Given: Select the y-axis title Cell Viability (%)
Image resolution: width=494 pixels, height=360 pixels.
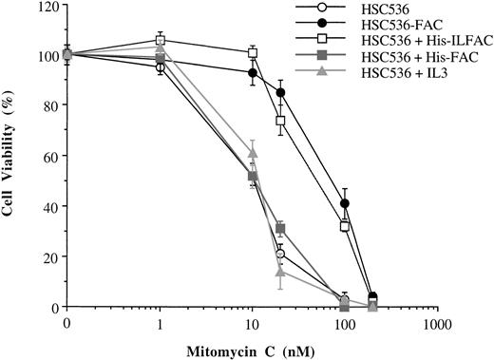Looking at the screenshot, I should point(12,157).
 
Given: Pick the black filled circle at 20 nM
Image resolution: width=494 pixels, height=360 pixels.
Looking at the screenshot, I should point(280,93).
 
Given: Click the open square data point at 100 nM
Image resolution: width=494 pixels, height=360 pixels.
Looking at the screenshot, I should point(345,226).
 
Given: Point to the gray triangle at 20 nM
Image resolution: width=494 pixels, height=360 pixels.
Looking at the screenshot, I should point(280,272).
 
